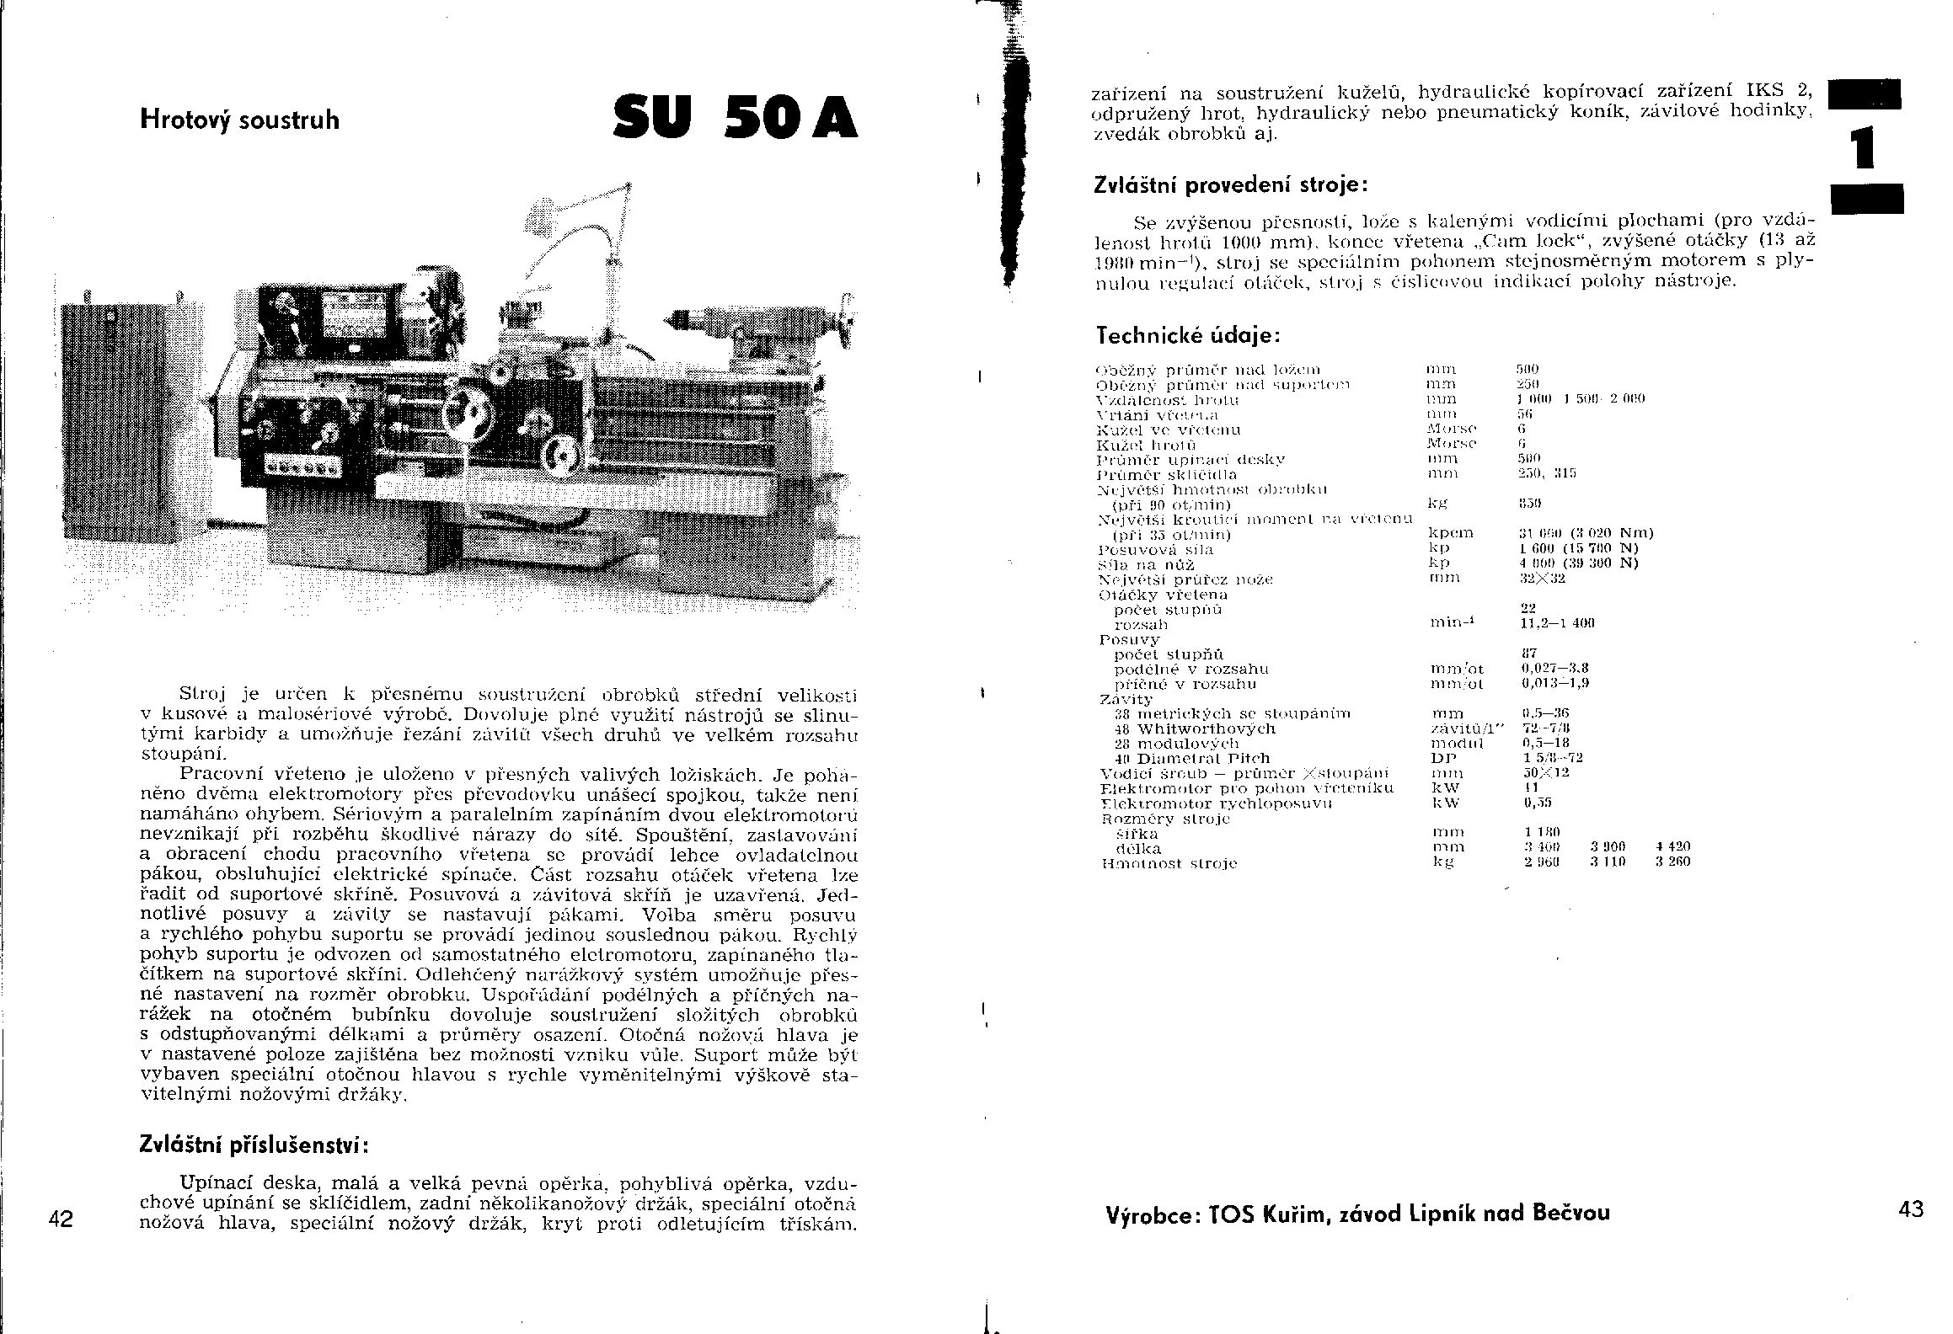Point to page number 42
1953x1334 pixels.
(x=61, y=1219)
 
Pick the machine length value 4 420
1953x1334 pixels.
(x=1672, y=846)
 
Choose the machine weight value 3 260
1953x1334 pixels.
(x=1672, y=862)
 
